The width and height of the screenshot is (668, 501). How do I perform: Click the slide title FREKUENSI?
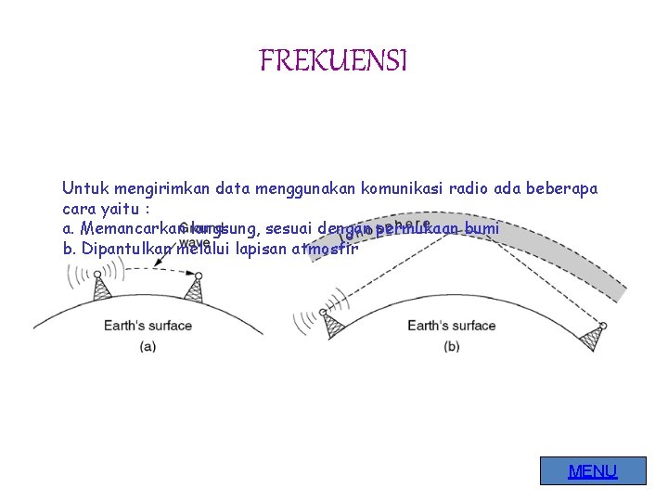(x=333, y=61)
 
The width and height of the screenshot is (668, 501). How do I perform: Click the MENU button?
(x=593, y=471)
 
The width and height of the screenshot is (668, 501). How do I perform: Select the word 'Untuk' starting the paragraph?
(x=83, y=188)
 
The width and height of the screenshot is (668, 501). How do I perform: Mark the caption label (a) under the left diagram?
(x=148, y=346)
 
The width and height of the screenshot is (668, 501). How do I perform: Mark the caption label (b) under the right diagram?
(x=452, y=346)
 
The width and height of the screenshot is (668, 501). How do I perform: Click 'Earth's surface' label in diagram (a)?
(x=148, y=325)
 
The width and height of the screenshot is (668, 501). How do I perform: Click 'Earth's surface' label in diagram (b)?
(x=452, y=325)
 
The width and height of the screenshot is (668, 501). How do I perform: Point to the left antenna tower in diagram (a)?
(x=102, y=288)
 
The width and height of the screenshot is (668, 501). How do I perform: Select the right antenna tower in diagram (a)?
(x=194, y=289)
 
